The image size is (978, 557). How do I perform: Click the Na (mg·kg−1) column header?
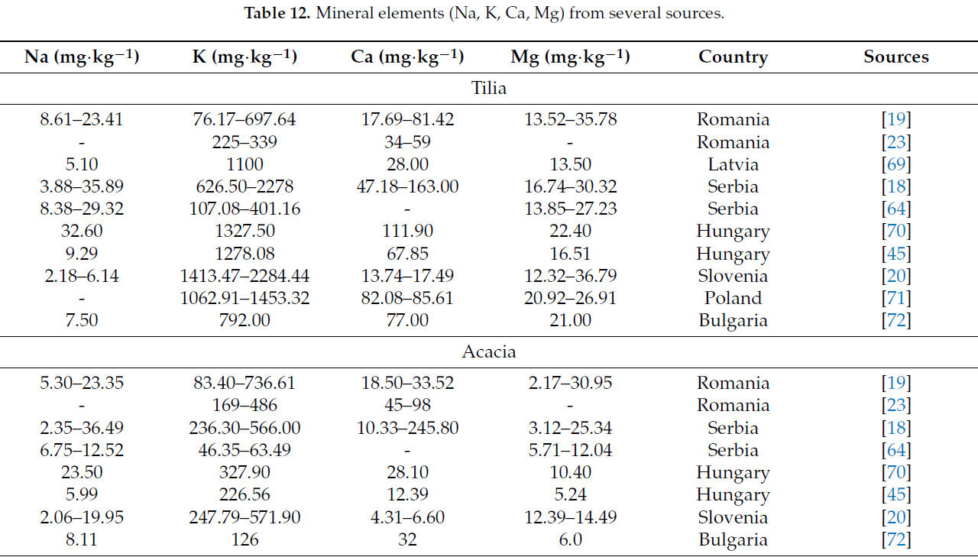pyautogui.click(x=82, y=57)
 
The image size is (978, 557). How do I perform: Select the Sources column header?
pyautogui.click(x=895, y=57)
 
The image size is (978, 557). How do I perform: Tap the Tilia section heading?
pyautogui.click(x=489, y=88)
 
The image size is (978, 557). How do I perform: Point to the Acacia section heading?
pyautogui.click(x=489, y=352)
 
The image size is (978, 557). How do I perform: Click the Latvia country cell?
pyautogui.click(x=733, y=164)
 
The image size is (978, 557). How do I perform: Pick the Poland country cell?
pyautogui.click(x=733, y=298)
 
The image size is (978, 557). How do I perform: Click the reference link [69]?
pyautogui.click(x=896, y=164)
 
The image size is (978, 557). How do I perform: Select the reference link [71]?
pyautogui.click(x=896, y=298)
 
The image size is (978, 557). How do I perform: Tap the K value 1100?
pyautogui.click(x=244, y=164)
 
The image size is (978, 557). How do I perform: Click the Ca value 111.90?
pyautogui.click(x=407, y=232)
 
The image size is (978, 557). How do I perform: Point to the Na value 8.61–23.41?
pyautogui.click(x=82, y=120)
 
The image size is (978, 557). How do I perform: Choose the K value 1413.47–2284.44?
pyautogui.click(x=244, y=276)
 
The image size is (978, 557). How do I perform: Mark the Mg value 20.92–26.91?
pyautogui.click(x=571, y=298)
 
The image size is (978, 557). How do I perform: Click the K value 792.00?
pyautogui.click(x=244, y=320)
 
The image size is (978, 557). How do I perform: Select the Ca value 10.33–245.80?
pyautogui.click(x=407, y=428)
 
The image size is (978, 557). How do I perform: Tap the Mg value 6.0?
pyautogui.click(x=571, y=539)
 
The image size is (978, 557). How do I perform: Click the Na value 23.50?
pyautogui.click(x=82, y=473)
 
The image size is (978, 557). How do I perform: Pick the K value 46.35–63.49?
pyautogui.click(x=244, y=450)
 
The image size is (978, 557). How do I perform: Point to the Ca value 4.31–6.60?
pyautogui.click(x=407, y=517)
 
